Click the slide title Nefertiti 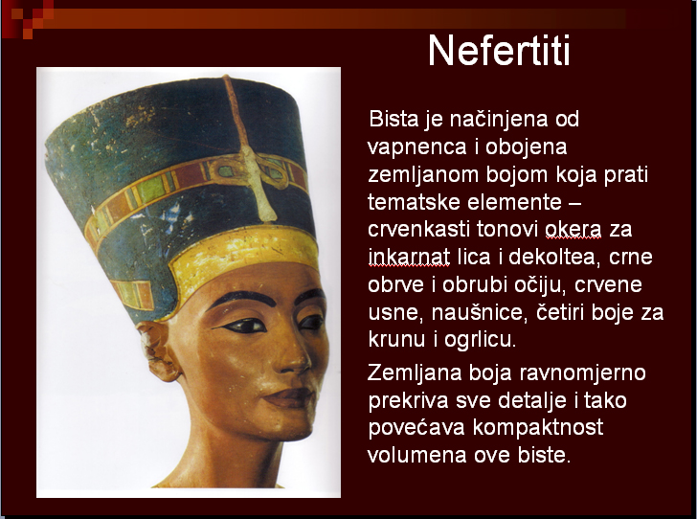tap(499, 50)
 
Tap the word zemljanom tap(423, 174)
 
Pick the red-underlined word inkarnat tap(409, 257)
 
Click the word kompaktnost tap(538, 427)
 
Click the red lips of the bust tap(289, 396)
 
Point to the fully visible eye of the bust tap(243, 326)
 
